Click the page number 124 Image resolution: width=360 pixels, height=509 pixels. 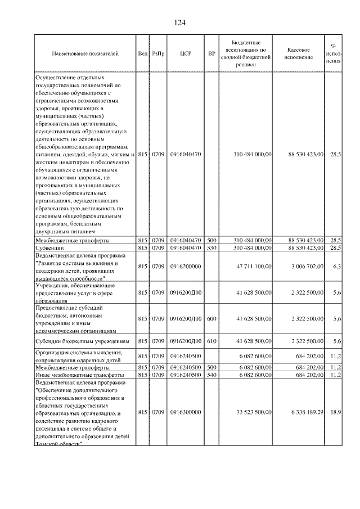(x=179, y=22)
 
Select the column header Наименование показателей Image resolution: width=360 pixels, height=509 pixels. (x=85, y=54)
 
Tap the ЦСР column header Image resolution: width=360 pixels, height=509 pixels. (x=186, y=54)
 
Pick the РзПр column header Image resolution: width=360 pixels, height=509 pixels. (x=157, y=54)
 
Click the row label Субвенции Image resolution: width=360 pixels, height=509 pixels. (x=49, y=247)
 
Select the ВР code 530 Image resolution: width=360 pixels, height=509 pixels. (x=211, y=247)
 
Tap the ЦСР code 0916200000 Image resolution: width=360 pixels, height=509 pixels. (x=186, y=267)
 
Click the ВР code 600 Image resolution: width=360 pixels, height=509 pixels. (x=211, y=318)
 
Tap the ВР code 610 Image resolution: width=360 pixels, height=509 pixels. (x=211, y=341)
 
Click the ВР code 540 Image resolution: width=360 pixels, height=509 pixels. (x=211, y=374)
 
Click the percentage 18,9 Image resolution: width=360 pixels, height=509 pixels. (x=336, y=412)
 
